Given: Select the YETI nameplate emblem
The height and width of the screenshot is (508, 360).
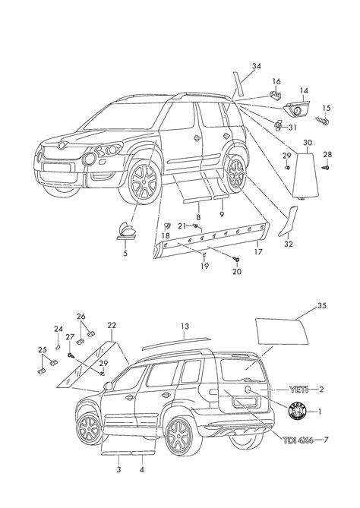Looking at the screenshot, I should (302, 390).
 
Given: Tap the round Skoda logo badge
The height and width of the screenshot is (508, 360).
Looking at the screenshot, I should (298, 412).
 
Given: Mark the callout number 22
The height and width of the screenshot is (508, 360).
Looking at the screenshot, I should (112, 326).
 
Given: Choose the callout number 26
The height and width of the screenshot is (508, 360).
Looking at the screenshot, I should (81, 317).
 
